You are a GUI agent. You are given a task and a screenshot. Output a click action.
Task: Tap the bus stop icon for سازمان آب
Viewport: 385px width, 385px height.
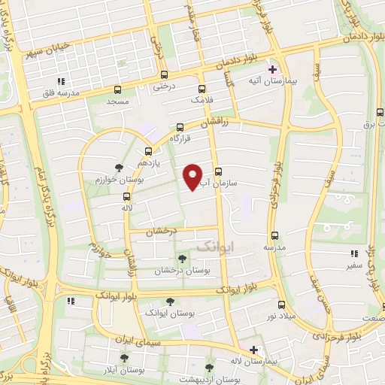(x=219, y=171)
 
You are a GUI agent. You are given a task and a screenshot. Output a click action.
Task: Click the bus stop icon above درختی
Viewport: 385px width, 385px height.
(x=164, y=75)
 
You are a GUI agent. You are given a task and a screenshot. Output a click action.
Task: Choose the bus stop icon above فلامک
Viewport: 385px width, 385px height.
(x=202, y=88)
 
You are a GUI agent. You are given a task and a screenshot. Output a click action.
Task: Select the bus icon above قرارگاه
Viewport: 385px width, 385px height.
(x=179, y=128)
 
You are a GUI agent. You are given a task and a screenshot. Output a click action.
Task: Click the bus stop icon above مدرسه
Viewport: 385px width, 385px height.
(x=274, y=235)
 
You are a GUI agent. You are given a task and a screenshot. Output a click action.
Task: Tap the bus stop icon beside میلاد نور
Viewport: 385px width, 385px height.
(x=282, y=305)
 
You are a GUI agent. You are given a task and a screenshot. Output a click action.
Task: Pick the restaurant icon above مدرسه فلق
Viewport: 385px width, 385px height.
(x=61, y=82)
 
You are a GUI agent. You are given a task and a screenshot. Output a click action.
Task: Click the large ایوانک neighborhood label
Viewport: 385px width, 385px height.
(x=216, y=246)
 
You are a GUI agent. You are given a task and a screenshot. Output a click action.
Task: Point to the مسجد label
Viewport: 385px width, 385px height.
(x=118, y=100)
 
